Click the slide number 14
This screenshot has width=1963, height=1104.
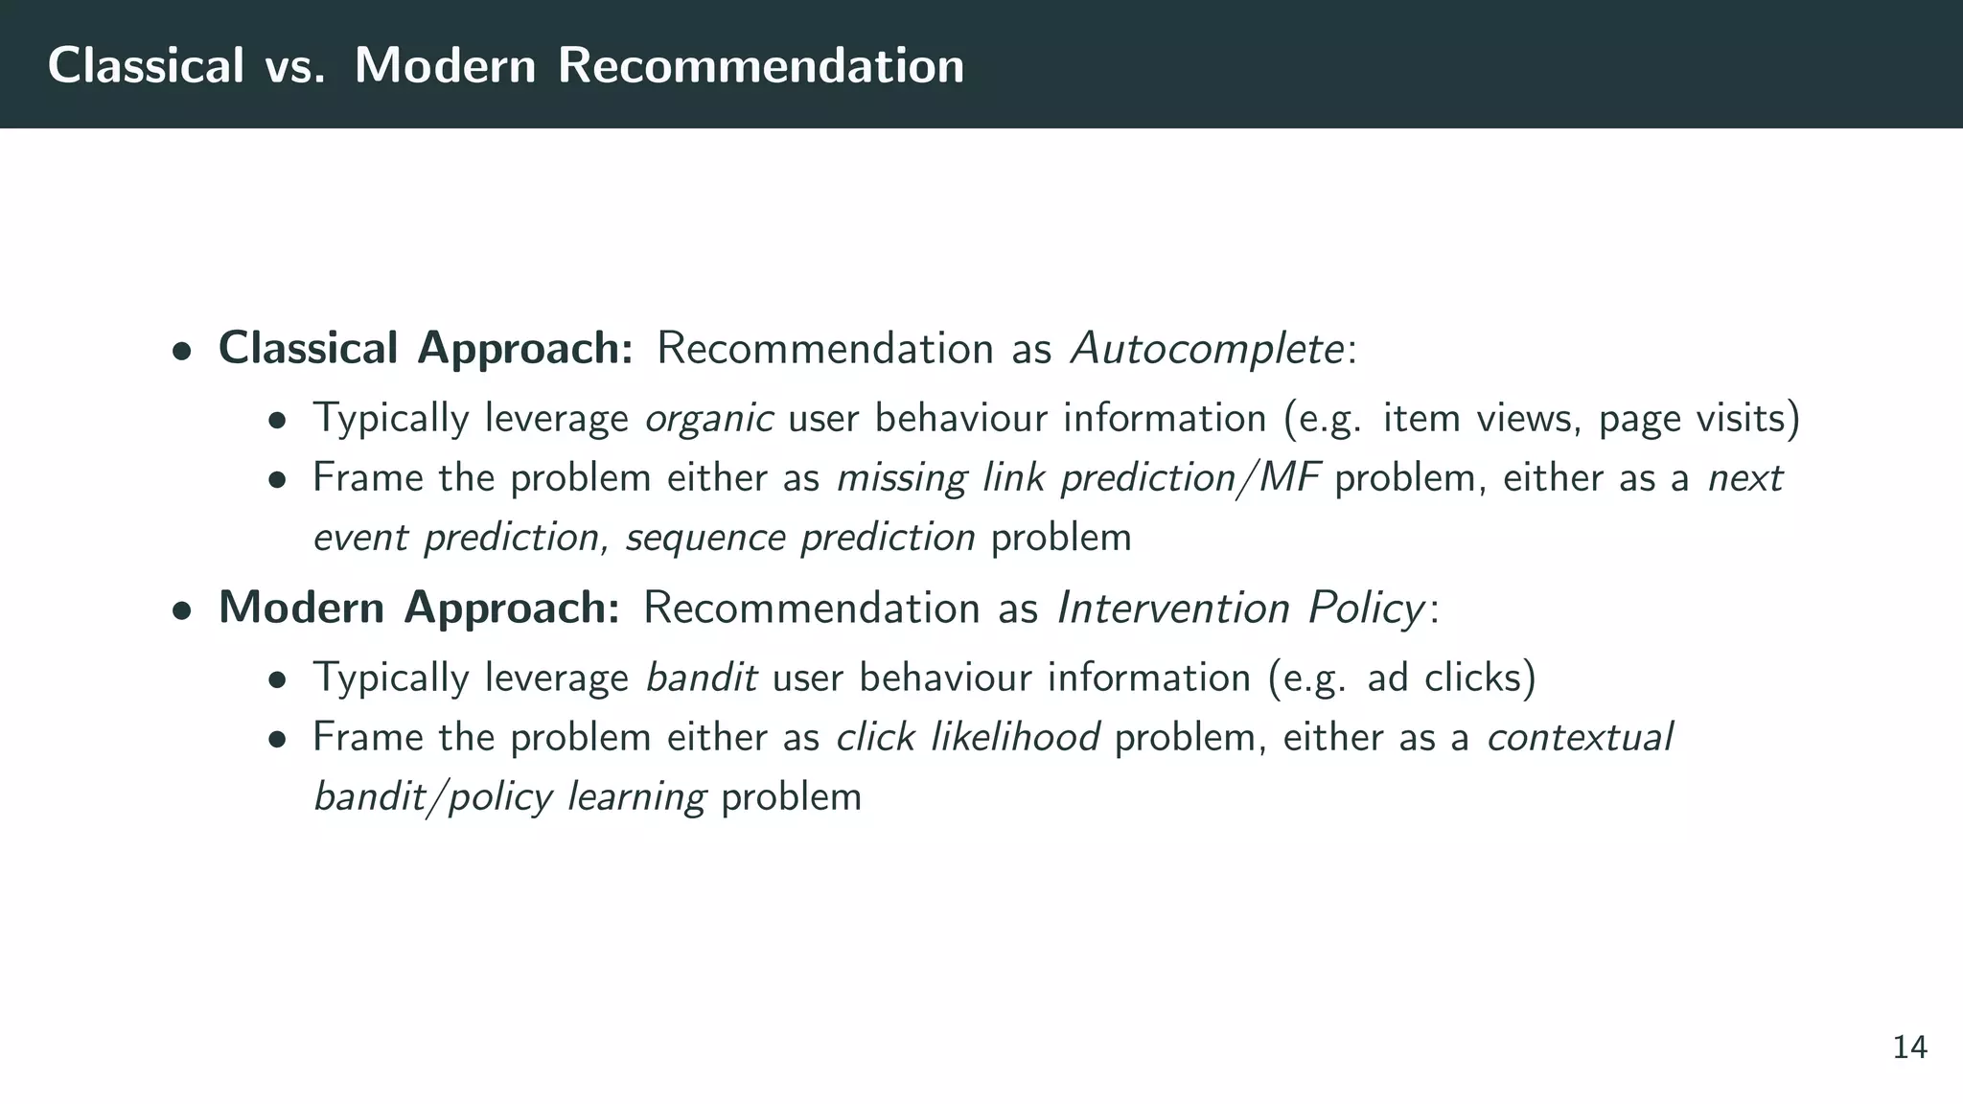[x=1909, y=1048]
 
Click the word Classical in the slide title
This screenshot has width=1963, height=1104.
[x=146, y=66]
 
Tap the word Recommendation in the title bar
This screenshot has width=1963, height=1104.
[x=760, y=66]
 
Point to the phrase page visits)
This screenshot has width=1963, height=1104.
[x=1698, y=420]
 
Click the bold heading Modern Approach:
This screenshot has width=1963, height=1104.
[x=419, y=608]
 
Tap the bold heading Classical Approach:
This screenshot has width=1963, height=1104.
[x=426, y=349]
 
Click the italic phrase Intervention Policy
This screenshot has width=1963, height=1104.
[x=1240, y=608]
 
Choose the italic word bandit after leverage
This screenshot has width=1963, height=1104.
[x=701, y=678]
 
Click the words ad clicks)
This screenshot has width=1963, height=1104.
[x=1451, y=678]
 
